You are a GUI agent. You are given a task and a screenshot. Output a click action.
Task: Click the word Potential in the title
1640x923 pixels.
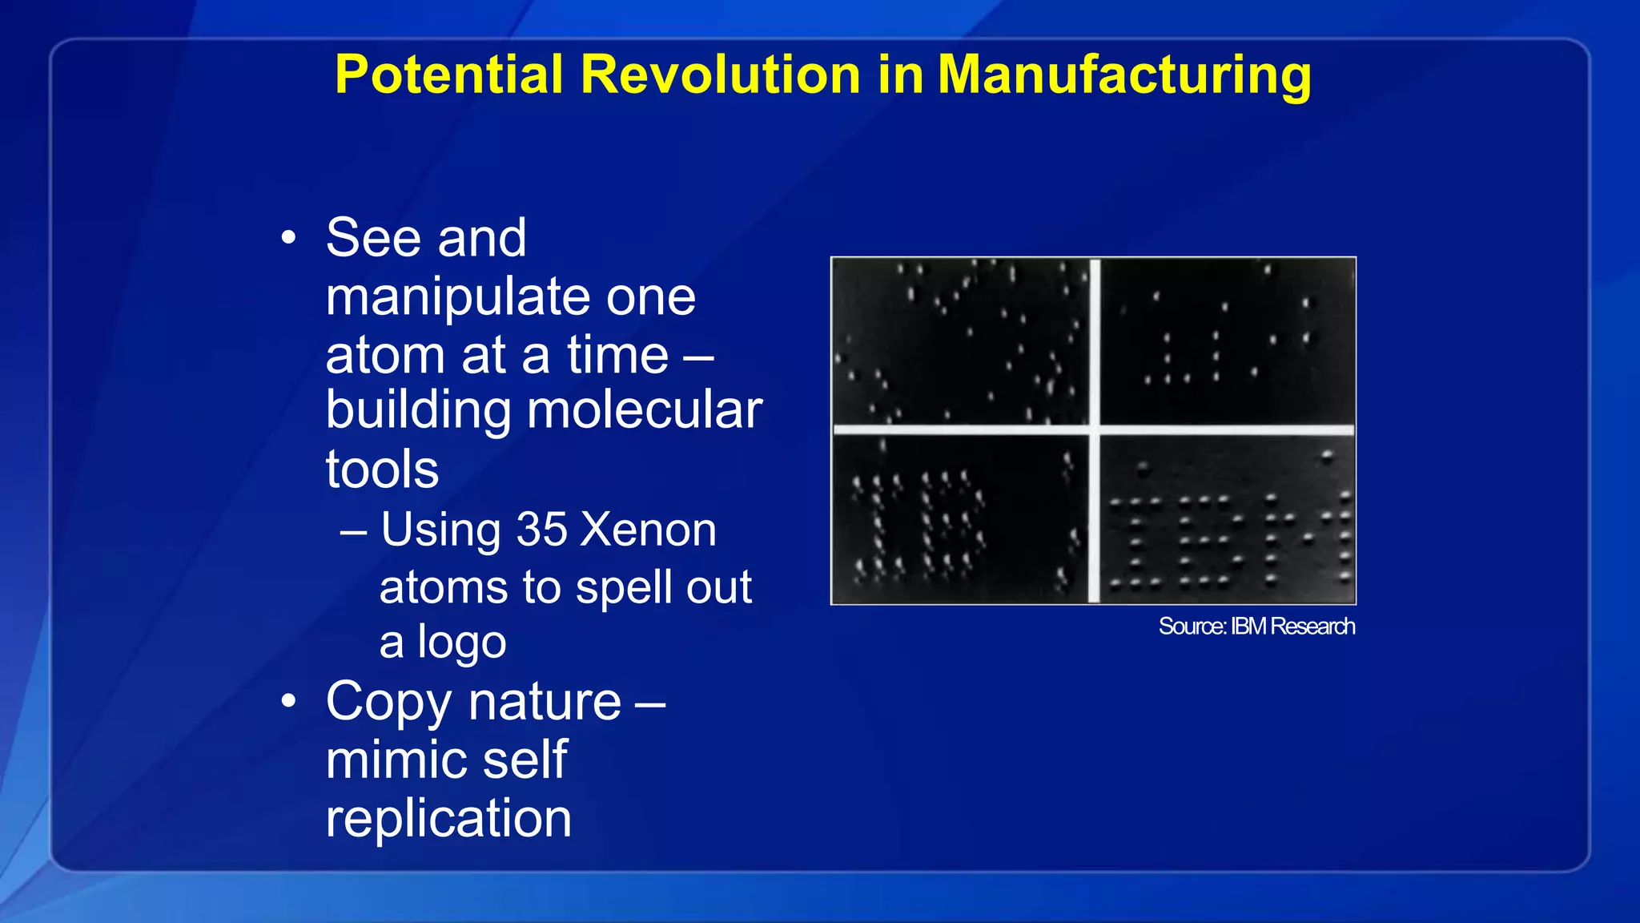449,75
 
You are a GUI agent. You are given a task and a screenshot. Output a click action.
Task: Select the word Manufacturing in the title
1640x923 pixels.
1123,75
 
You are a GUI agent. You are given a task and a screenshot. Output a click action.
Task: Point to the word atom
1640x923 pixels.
384,355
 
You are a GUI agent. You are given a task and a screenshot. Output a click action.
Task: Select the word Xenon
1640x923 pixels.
648,530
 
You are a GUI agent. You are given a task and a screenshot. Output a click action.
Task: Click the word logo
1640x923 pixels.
461,643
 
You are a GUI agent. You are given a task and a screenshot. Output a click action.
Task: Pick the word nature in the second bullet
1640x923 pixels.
545,702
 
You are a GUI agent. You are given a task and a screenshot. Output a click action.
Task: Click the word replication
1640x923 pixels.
448,818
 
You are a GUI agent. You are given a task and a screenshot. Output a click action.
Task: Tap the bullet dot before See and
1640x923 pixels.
289,238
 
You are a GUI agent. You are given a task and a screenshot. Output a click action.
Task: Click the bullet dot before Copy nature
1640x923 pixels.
289,702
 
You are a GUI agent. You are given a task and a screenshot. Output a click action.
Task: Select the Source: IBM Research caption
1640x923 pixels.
1256,626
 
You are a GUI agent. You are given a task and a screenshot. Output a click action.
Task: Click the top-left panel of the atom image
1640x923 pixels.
960,341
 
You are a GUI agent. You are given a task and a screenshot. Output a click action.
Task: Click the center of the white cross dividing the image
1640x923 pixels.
1094,430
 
